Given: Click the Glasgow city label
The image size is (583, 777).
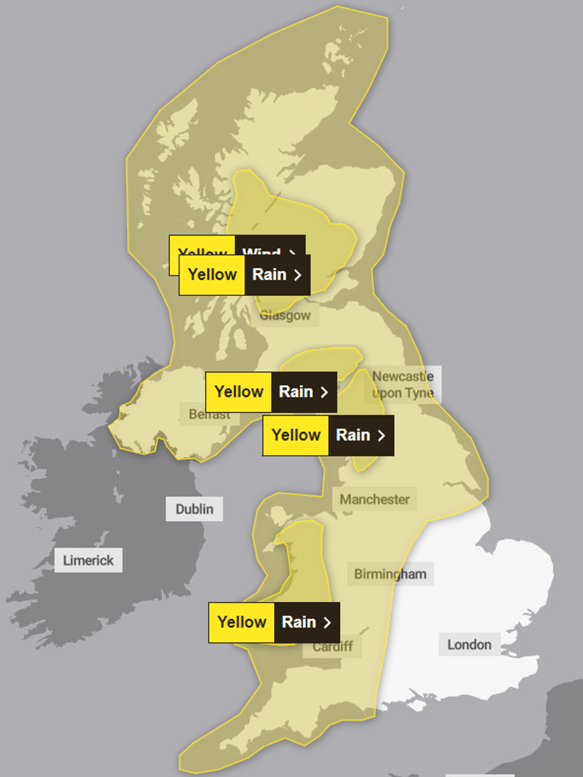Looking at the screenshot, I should coord(285,316).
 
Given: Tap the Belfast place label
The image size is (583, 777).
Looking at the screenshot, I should coord(209,414).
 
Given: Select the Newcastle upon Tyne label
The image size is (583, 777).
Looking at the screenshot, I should coord(402,385).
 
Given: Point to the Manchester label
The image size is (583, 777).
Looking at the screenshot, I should coord(374,499).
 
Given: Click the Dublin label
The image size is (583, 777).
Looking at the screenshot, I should coord(194,509).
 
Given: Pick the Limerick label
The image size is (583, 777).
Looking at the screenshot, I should coord(88,560).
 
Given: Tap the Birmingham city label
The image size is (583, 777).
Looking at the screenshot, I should coord(390,574).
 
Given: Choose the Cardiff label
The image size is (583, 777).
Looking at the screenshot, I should coord(333,646).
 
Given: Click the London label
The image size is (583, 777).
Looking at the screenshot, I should coord(469,644).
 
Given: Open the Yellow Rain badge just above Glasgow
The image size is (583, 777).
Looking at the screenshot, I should coord(244,275).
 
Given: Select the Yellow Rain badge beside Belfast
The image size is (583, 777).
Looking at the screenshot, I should coord(271,392).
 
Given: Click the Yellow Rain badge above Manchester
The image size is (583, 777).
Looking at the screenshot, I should coord(328,435).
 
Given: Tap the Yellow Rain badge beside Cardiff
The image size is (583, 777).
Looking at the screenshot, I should coord(273,622).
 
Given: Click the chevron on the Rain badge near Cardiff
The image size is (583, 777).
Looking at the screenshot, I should coord(327,622).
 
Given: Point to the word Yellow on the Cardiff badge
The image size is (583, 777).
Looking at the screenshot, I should coord(242,622).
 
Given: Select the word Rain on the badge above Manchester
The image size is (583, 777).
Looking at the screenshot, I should coord(353,435).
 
